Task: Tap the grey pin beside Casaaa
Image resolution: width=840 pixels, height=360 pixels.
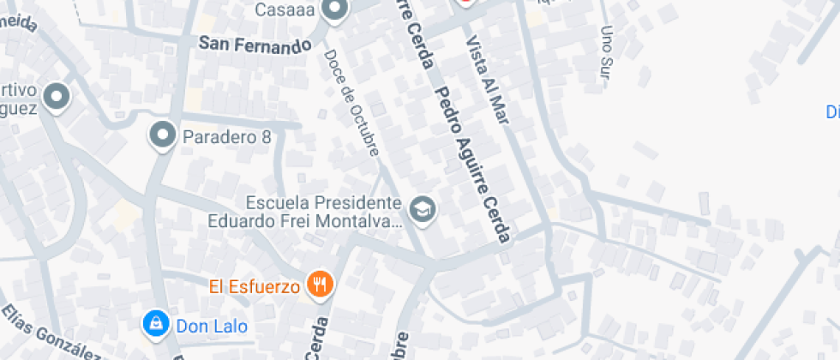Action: [335, 9]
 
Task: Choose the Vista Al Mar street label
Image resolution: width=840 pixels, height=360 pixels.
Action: [486, 81]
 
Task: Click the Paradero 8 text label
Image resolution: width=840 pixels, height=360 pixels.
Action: [227, 136]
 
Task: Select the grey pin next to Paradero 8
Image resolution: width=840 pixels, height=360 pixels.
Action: [162, 135]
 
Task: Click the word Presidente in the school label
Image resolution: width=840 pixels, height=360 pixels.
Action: [361, 203]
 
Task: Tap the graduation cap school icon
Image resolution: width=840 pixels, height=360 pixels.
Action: [423, 209]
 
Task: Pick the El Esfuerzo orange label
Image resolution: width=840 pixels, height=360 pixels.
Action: [254, 285]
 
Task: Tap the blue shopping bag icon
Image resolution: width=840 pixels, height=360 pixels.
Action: [156, 323]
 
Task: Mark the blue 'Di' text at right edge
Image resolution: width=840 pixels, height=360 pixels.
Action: [832, 112]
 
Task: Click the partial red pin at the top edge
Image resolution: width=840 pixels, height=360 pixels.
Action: [465, 3]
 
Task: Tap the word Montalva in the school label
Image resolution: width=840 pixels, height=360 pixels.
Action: [364, 221]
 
